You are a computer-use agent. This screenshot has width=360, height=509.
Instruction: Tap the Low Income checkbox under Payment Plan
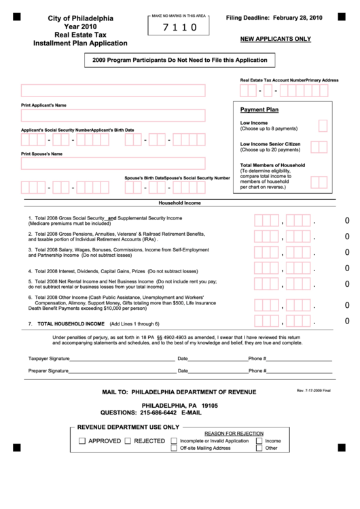[x=323, y=125]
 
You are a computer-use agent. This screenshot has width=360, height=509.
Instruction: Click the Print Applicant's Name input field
[x=113, y=90]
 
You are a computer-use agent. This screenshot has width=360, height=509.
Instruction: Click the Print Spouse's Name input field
[x=113, y=163]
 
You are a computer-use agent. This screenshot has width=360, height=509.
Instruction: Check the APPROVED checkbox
[x=82, y=441]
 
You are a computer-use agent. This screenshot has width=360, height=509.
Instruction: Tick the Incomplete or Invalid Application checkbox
[x=175, y=441]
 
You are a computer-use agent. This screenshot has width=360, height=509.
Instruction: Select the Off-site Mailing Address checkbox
[x=175, y=449]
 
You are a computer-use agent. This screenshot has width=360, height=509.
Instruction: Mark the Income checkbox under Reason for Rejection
[x=259, y=441]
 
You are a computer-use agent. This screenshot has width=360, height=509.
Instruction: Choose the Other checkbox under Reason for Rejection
[x=259, y=449]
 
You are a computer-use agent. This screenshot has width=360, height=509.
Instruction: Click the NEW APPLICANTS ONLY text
[x=275, y=39]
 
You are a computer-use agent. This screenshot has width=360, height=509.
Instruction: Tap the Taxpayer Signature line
[x=122, y=358]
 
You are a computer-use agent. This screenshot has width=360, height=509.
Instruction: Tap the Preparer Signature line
[x=122, y=371]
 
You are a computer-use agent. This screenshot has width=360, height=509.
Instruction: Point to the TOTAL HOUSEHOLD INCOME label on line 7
[x=71, y=323]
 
